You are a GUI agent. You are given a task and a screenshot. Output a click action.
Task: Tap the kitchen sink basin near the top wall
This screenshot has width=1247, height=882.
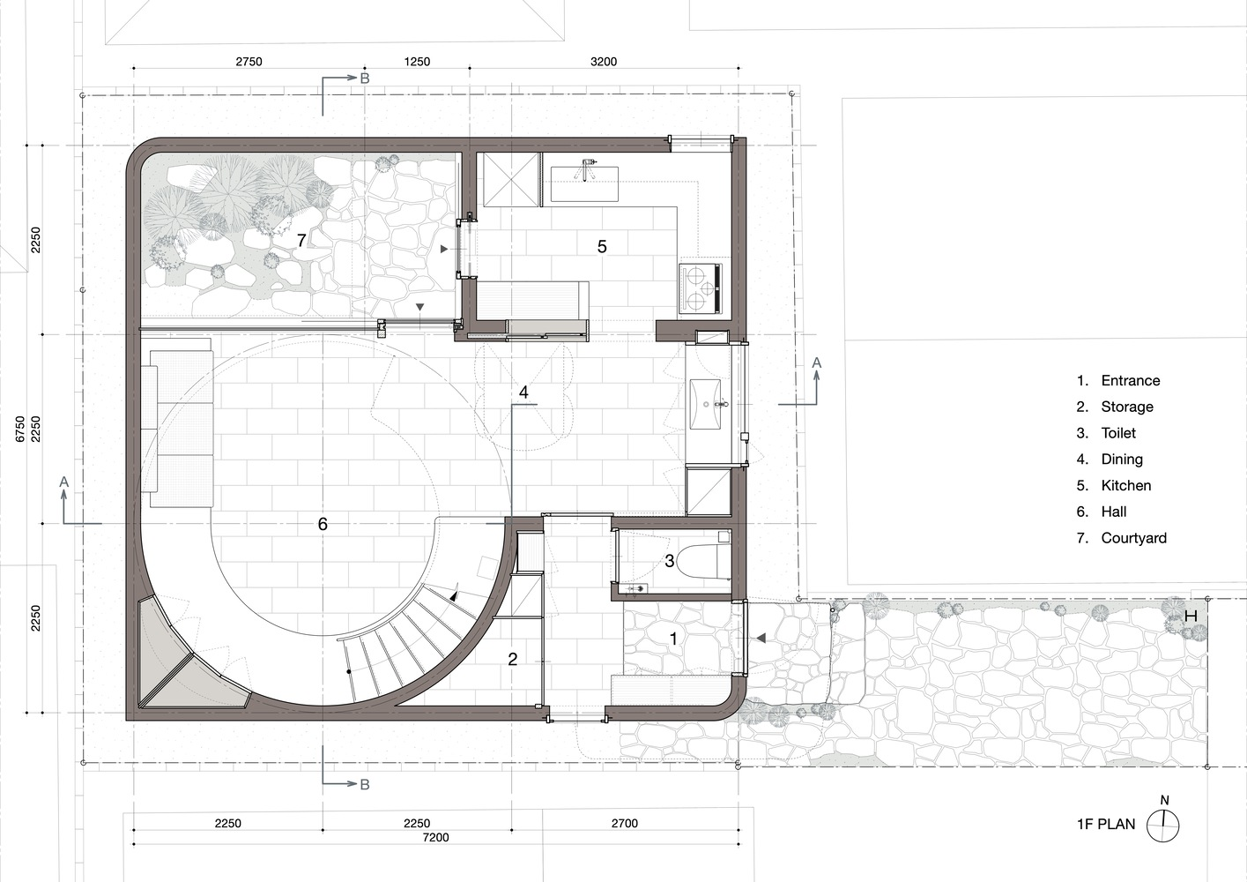tap(584, 183)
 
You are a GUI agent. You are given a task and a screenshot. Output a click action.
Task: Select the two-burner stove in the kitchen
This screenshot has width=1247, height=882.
tap(701, 288)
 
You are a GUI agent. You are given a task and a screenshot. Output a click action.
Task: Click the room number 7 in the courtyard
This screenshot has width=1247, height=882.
tap(301, 240)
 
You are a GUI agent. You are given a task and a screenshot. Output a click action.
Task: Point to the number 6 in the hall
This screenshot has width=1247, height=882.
tap(323, 523)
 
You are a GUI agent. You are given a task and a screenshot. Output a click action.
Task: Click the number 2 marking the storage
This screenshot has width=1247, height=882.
tap(512, 659)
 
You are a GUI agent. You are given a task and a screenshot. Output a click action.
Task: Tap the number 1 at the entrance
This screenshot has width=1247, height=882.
tap(673, 639)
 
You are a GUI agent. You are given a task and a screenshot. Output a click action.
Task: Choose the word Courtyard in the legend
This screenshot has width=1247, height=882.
tap(1133, 538)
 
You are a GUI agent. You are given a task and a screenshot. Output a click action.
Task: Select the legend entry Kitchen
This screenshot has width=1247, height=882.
tap(1125, 485)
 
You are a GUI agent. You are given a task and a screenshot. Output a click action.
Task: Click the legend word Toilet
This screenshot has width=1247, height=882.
tap(1117, 433)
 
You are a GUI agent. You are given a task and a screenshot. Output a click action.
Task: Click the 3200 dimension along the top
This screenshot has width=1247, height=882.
tap(604, 61)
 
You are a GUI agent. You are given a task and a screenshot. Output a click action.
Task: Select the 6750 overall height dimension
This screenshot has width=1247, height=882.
tap(20, 429)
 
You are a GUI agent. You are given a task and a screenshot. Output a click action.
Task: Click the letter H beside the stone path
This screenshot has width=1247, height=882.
tap(1191, 617)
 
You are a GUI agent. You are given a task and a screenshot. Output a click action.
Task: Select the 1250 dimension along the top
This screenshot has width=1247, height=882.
tap(417, 61)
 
